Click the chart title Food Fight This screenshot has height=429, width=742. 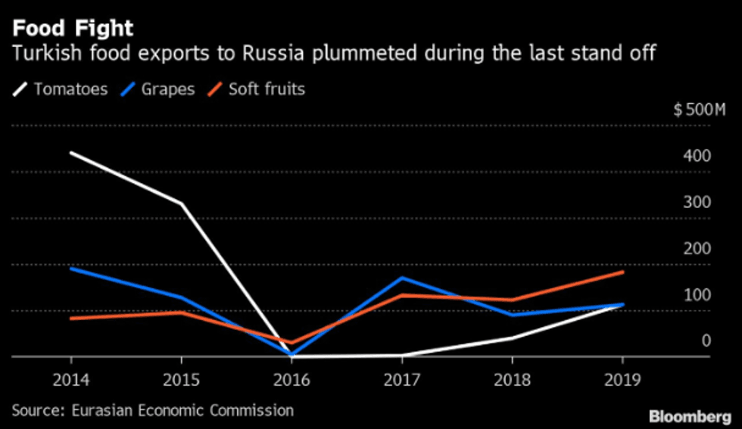tap(73, 29)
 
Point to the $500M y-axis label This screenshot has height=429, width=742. tap(699, 110)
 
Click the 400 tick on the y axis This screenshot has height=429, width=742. tap(699, 156)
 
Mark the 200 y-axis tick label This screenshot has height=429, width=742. tap(699, 248)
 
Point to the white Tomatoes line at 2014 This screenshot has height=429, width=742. tap(71, 153)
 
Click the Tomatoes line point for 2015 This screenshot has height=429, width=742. tap(182, 204)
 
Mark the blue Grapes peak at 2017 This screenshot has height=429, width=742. tap(403, 278)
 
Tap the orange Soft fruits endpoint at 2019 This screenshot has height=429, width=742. tap(622, 272)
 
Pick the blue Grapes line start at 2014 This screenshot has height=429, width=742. tap(71, 268)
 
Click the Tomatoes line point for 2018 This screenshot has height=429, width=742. tap(513, 337)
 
